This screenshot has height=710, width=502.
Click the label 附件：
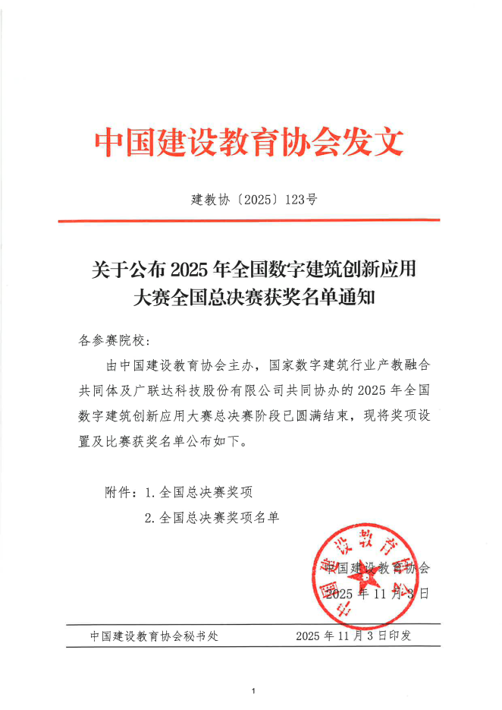pos(121,492)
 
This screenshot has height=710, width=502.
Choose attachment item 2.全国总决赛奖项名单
pos(212,518)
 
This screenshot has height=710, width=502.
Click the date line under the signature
pos(377,593)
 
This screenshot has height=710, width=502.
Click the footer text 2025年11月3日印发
pos(353,636)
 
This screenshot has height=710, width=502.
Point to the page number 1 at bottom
pos(253,691)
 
